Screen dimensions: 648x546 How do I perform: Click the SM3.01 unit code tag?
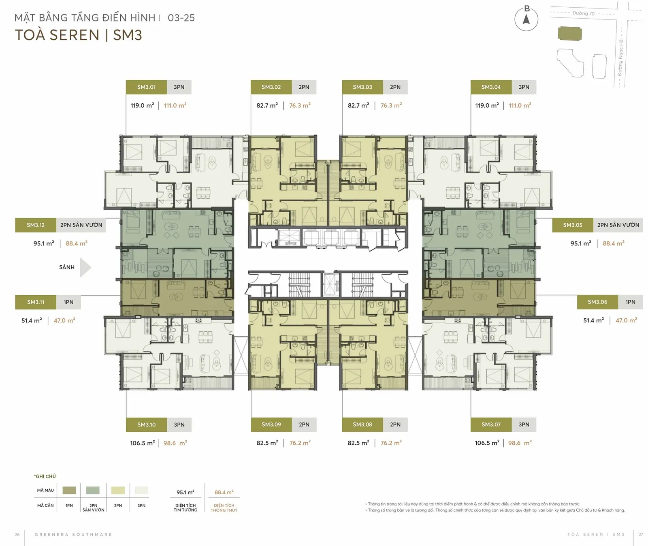(146, 87)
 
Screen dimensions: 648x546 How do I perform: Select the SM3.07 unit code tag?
(491, 424)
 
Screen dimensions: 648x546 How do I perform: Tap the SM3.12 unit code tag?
(36, 225)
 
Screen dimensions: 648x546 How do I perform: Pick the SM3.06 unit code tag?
(597, 302)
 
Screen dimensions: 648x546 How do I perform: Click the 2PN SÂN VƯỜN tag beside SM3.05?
(618, 225)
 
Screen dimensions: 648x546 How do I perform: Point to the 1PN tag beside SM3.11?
(68, 302)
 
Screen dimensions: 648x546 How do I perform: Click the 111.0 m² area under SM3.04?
(520, 105)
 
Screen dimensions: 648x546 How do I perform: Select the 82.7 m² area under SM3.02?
(267, 105)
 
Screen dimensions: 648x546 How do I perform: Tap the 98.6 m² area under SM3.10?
(175, 443)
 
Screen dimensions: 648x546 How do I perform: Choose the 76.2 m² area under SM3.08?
(391, 443)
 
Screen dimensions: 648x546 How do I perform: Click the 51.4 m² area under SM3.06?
(593, 320)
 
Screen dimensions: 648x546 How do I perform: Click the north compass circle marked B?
(526, 19)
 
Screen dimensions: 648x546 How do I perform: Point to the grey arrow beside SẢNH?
(85, 267)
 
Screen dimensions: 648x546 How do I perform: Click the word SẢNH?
(67, 267)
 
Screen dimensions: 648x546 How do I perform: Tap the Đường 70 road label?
(583, 13)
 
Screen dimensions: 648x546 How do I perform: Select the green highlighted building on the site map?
(570, 34)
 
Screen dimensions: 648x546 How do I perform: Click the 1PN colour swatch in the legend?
(69, 491)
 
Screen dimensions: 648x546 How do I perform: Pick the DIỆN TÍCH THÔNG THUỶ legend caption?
(224, 508)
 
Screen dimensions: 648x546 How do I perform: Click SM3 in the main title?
(128, 35)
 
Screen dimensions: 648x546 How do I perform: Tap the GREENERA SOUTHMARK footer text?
(73, 535)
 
